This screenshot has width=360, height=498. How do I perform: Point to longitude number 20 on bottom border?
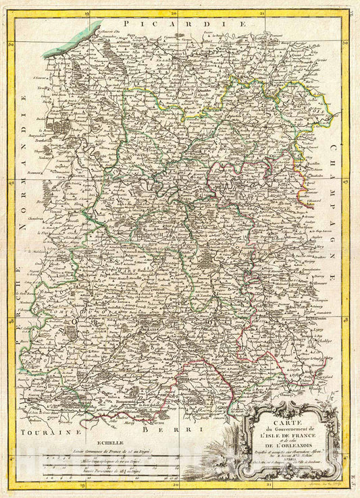[175, 485]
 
